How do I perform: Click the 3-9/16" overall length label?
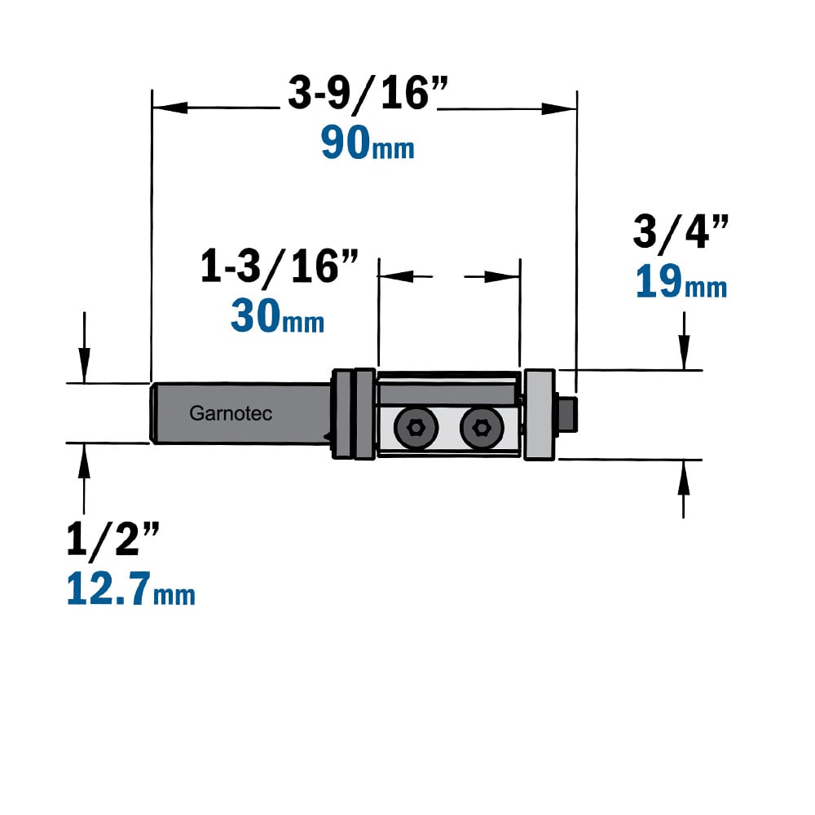[x=368, y=94]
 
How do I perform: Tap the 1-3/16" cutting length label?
[x=280, y=267]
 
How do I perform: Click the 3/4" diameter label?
[x=681, y=231]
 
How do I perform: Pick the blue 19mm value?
[x=681, y=281]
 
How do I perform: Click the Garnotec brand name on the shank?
[x=231, y=413]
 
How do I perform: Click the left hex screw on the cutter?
[x=416, y=428]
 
